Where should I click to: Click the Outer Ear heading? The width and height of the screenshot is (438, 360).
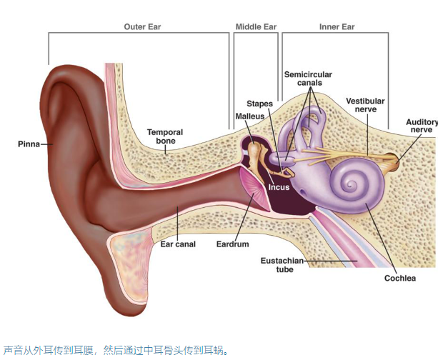click(x=143, y=27)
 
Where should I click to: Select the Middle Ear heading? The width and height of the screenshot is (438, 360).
click(x=256, y=27)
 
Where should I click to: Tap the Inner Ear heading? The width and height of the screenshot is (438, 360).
click(x=337, y=27)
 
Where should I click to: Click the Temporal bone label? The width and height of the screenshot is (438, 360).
click(x=165, y=136)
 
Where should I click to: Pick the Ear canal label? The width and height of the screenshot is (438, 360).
click(x=178, y=244)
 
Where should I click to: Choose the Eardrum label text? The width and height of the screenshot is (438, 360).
click(x=232, y=244)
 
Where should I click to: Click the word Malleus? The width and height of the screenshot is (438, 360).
click(x=249, y=116)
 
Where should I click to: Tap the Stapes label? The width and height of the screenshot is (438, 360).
click(x=260, y=104)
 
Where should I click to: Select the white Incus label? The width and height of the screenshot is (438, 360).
click(x=279, y=188)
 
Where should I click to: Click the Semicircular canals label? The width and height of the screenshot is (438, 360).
click(x=308, y=79)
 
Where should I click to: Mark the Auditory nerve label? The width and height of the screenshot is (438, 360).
click(x=421, y=126)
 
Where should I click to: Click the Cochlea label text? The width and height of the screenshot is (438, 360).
click(x=399, y=278)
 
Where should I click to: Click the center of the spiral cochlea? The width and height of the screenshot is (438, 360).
click(x=352, y=184)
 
